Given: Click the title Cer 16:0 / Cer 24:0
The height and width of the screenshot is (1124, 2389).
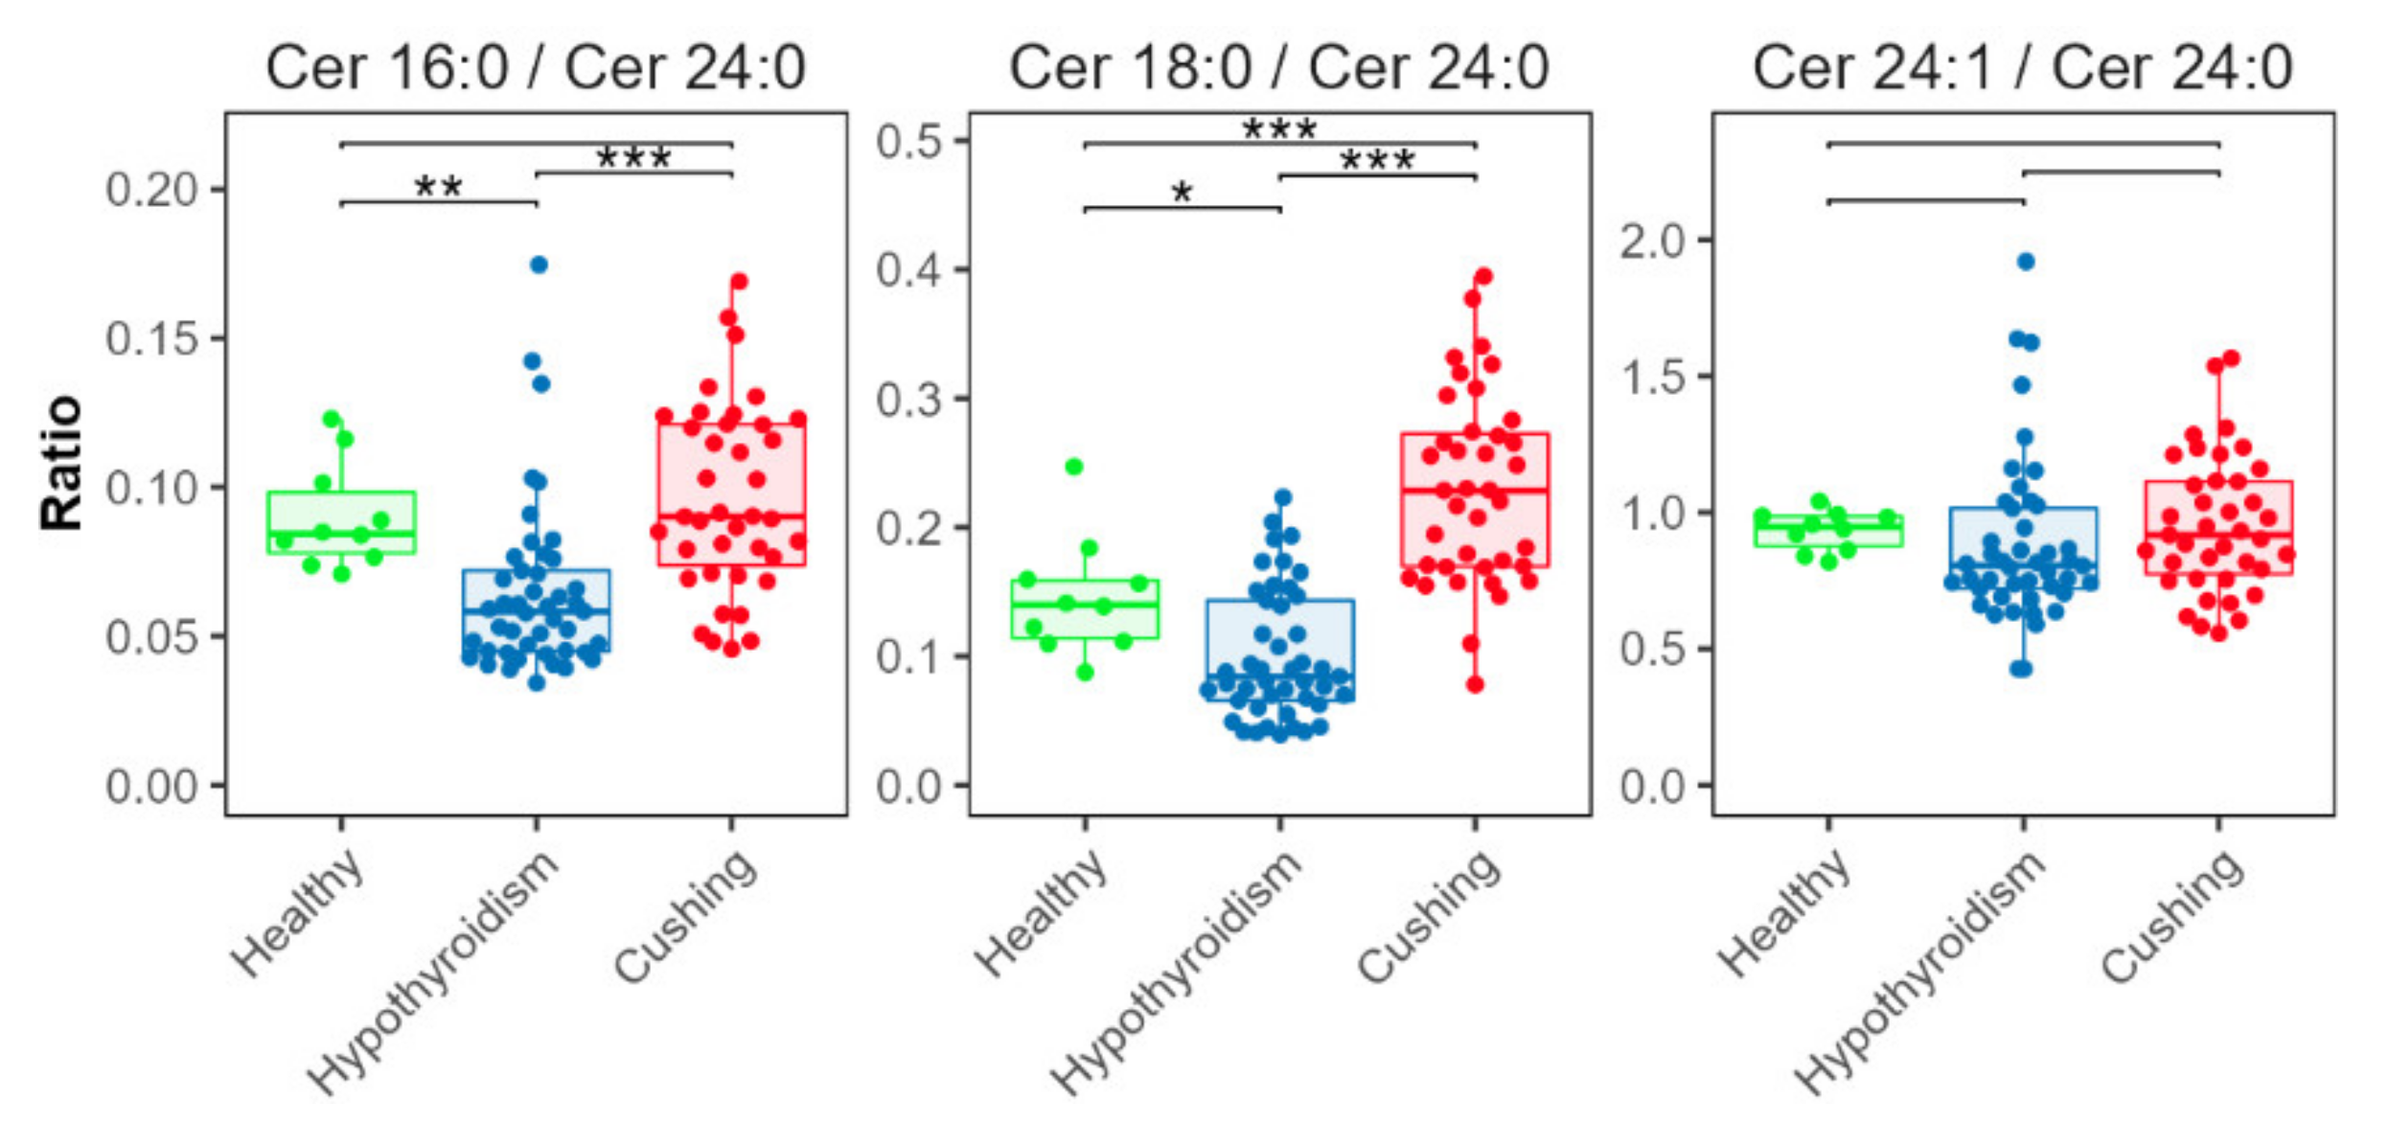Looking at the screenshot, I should pos(536,68).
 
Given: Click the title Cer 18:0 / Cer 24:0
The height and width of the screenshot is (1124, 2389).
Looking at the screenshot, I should pos(1278,68).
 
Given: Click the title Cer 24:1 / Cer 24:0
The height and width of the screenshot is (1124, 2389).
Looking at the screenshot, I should pos(2022,68).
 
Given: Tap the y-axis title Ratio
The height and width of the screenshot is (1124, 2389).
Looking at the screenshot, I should pos(60,462).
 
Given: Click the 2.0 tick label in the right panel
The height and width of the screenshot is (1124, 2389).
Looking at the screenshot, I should pos(1652,241).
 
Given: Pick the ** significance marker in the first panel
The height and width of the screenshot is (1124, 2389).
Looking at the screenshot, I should pos(438,188).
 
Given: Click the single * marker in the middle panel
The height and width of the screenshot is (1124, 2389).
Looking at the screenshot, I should pos(1182,194).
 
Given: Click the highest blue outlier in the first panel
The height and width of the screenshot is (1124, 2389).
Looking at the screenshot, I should pos(539,264).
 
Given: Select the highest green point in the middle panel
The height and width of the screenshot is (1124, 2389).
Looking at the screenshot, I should pos(1074,467).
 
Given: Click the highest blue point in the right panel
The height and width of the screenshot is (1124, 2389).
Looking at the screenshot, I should pos(2026,262).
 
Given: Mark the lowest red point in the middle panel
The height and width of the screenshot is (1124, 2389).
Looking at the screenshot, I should pos(1475,684).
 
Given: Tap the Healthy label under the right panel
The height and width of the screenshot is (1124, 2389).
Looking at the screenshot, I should pos(1781,912).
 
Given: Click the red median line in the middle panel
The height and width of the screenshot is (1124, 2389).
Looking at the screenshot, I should pos(1475,490).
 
